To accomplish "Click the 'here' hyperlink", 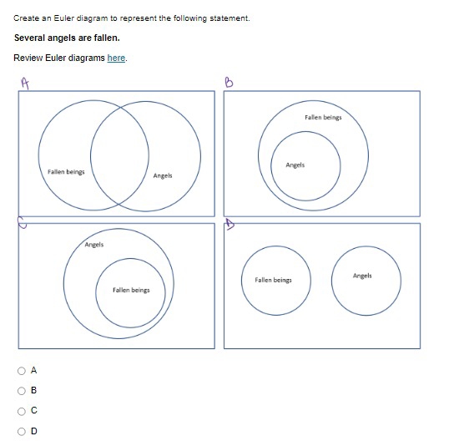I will (117, 58).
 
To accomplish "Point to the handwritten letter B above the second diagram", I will (230, 81).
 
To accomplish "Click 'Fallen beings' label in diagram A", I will (66, 171).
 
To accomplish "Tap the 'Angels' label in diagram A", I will (163, 175).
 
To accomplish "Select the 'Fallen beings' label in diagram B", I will (323, 118).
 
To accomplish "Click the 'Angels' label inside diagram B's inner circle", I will (295, 165).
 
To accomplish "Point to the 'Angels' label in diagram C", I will (94, 245).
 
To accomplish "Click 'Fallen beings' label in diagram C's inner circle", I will (131, 290).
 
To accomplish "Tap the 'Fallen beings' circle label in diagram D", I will (273, 280).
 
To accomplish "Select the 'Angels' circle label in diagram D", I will (362, 276).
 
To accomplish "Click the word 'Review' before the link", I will (27, 58).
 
